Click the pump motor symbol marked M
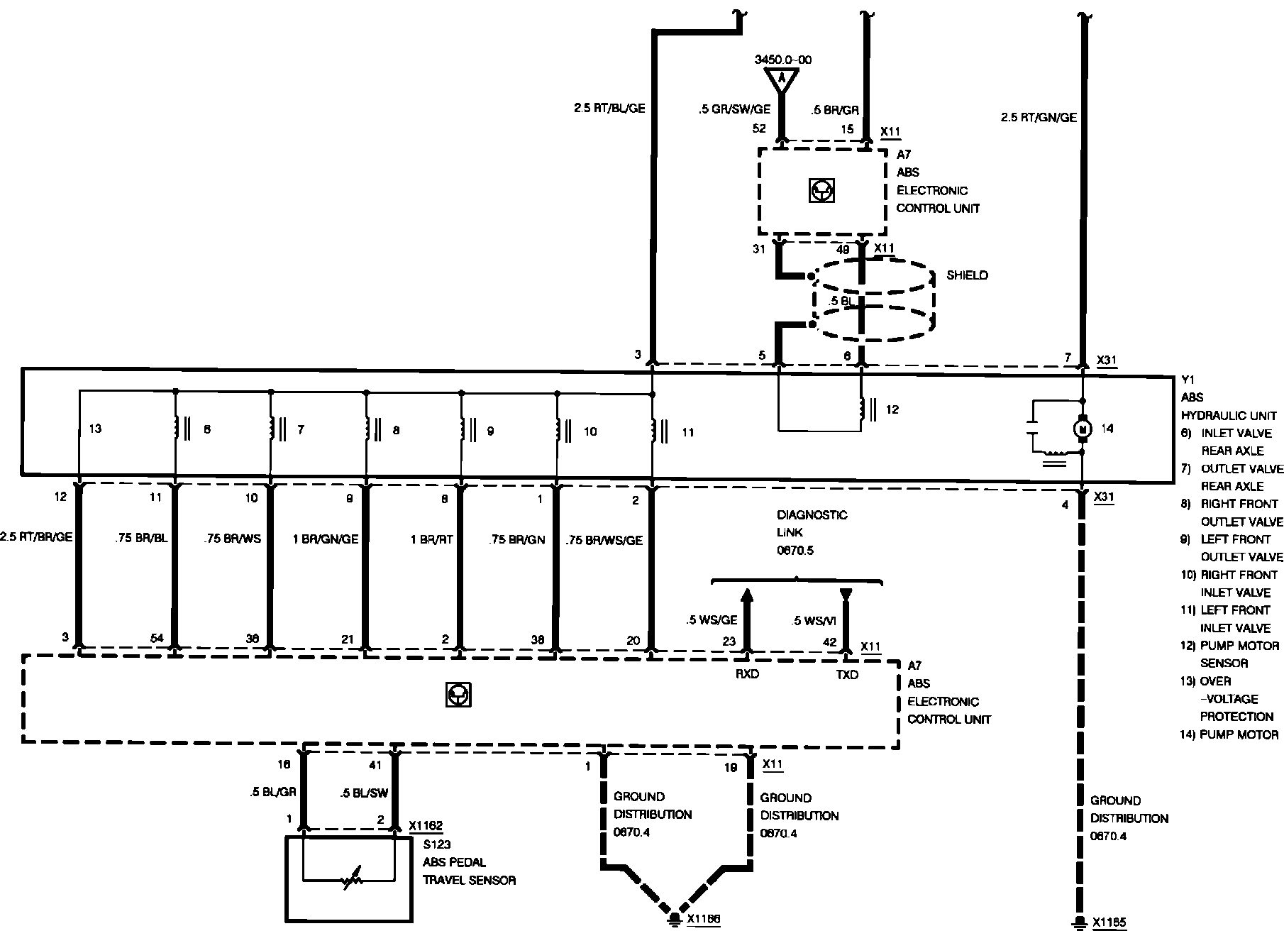tap(1083, 429)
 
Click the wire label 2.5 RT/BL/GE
tap(609, 109)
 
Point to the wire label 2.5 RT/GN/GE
tap(1038, 118)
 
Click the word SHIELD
tap(967, 275)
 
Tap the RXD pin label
tap(747, 674)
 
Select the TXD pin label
tap(847, 674)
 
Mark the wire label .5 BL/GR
tap(273, 793)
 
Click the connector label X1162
tap(426, 826)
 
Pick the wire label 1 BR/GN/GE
tap(326, 539)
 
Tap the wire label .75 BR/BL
tap(141, 539)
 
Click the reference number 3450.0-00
tap(783, 60)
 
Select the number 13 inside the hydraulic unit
tap(96, 429)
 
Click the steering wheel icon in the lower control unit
tap(459, 695)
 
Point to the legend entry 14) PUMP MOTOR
tap(1229, 734)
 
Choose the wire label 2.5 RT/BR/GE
tap(36, 537)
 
